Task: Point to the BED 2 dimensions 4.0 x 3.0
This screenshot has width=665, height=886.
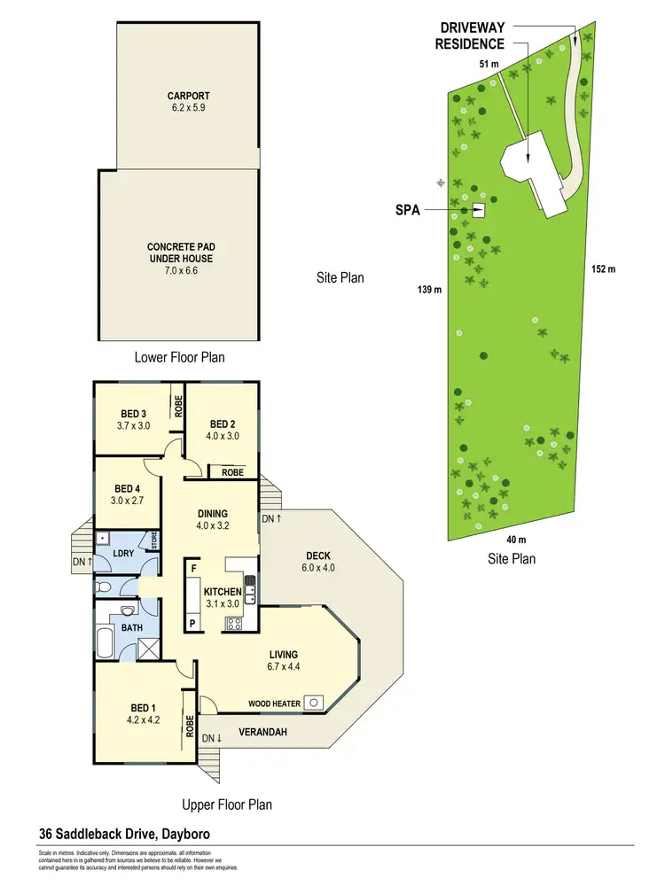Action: [222, 436]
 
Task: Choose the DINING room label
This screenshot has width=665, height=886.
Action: [213, 513]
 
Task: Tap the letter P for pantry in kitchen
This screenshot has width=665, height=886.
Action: [192, 623]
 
